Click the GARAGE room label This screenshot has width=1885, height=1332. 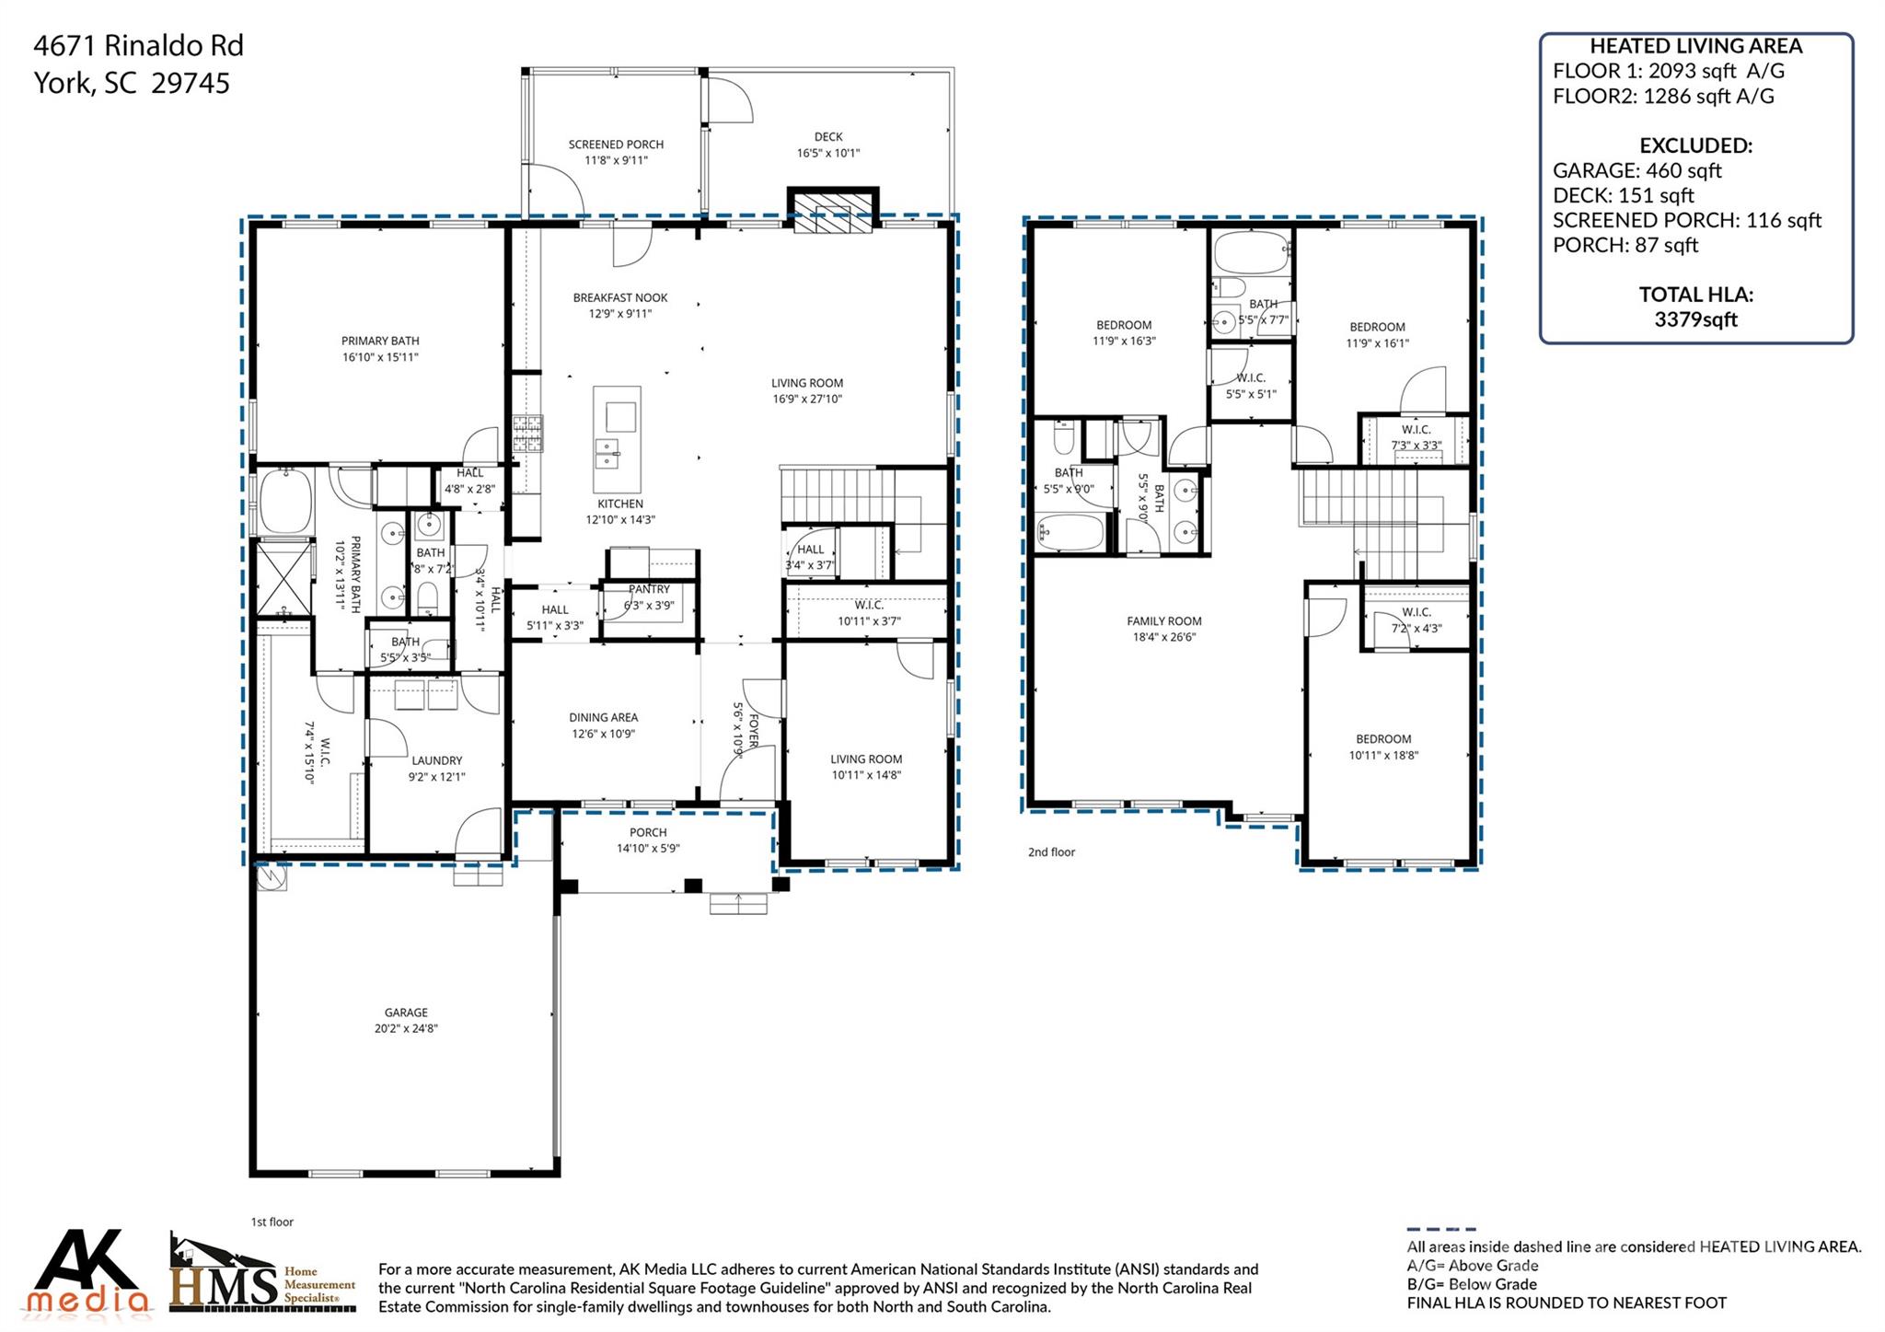pyautogui.click(x=406, y=1012)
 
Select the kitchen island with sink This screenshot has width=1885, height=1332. pyautogui.click(x=617, y=440)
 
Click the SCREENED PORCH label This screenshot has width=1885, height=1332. pyautogui.click(x=616, y=145)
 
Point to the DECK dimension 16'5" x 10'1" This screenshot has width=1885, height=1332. pyautogui.click(x=828, y=154)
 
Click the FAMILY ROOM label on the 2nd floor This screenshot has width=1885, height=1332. pyautogui.click(x=1164, y=621)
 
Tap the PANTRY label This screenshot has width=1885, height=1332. pyautogui.click(x=649, y=589)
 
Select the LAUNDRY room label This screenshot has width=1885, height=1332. pyautogui.click(x=436, y=760)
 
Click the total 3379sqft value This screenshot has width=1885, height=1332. pyautogui.click(x=1695, y=319)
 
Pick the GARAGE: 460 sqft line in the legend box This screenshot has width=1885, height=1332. pyautogui.click(x=1636, y=170)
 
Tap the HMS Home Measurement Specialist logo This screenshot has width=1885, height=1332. pyautogui.click(x=261, y=1275)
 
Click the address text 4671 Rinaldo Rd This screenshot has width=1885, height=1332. pyautogui.click(x=138, y=45)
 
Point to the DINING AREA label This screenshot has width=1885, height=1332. pyautogui.click(x=603, y=717)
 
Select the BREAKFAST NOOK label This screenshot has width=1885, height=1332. pyautogui.click(x=620, y=297)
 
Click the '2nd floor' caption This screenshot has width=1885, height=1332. pyautogui.click(x=1051, y=852)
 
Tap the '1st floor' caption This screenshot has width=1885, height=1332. pyautogui.click(x=272, y=1222)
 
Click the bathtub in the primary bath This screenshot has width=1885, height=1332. pyautogui.click(x=285, y=501)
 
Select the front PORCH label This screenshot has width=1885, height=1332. pyautogui.click(x=648, y=832)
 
